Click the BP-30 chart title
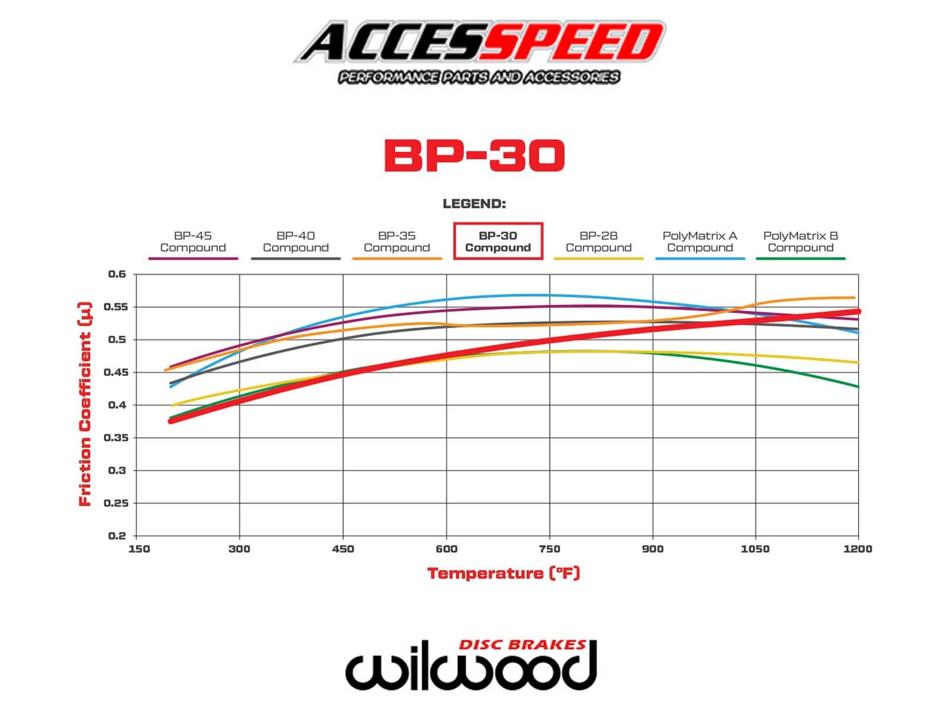474,156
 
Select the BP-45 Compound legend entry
193,242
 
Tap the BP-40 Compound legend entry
296,242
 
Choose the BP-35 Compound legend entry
397,242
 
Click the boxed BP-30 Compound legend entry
498,242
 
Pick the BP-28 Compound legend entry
599,242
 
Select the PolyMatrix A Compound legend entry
700,242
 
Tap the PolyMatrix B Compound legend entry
801,242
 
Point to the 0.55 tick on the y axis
115,307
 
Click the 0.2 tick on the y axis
117,536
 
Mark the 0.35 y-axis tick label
115,438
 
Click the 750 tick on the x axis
549,549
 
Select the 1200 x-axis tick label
857,549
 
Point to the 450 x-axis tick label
343,549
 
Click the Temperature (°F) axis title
503,573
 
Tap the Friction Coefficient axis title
86,404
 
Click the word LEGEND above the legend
474,204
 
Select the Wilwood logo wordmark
471,669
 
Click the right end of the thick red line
857,312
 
